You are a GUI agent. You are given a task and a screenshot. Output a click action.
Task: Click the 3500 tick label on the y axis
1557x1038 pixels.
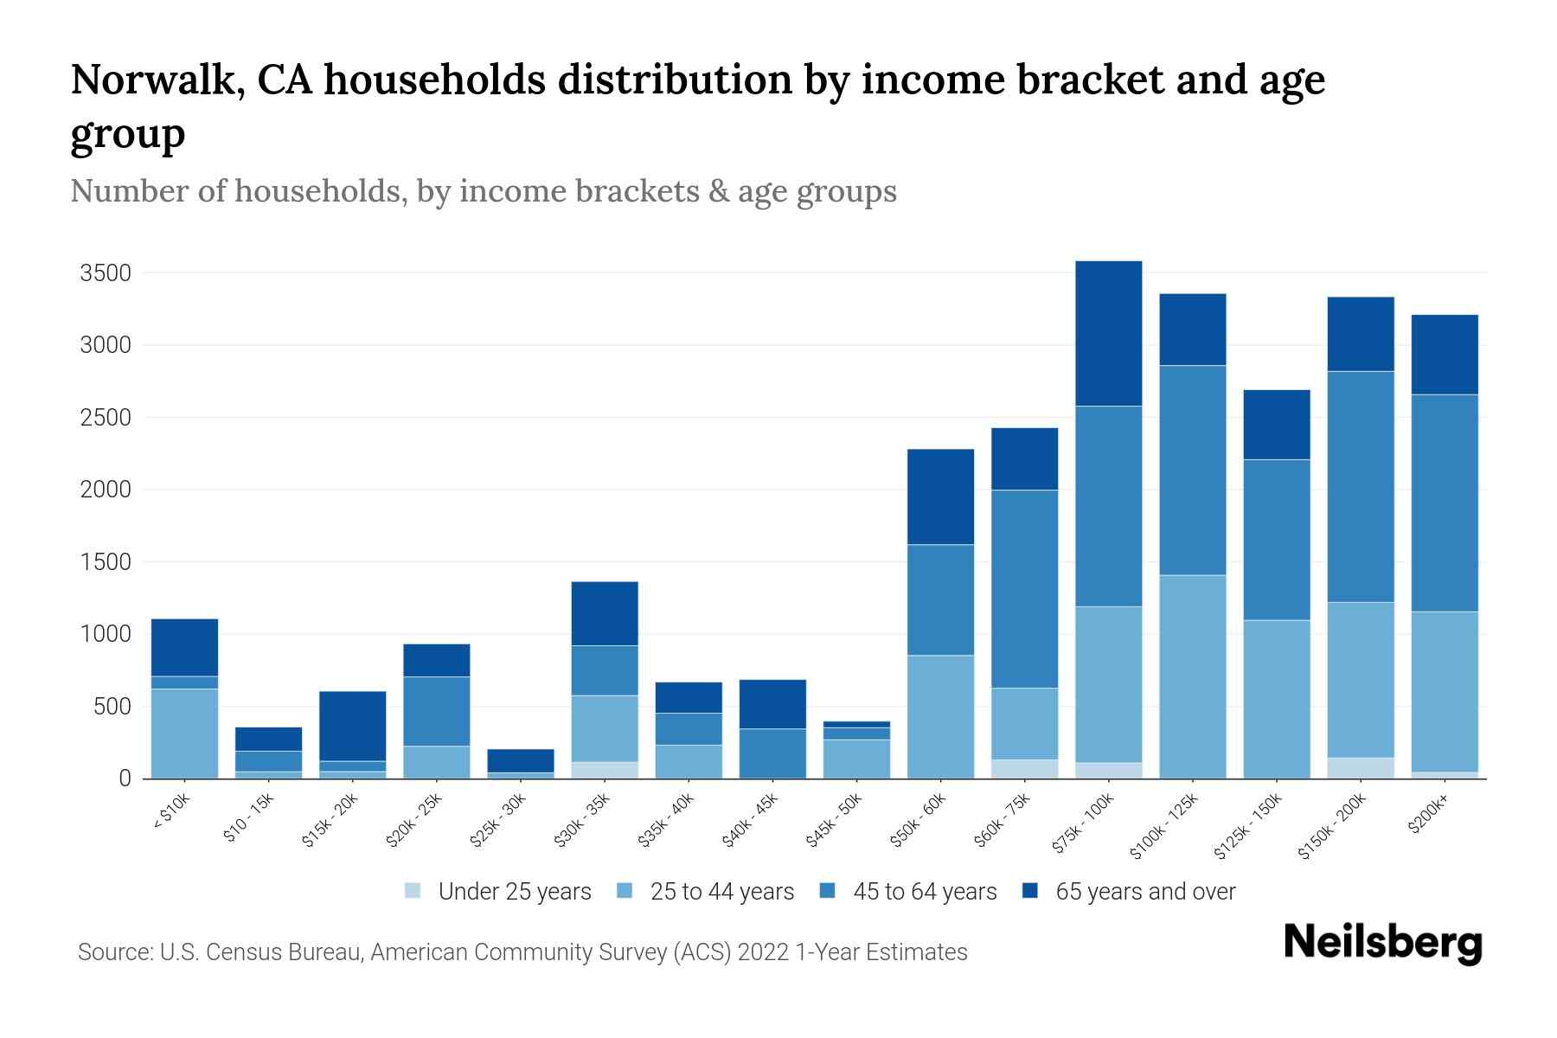105,274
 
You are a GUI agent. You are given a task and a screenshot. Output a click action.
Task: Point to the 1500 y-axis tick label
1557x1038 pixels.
105,563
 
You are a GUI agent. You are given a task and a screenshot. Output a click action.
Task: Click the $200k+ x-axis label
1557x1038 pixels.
1428,816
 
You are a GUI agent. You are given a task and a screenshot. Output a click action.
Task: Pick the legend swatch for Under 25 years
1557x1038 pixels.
413,891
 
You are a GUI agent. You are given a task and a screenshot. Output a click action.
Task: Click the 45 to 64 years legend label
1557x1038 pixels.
925,892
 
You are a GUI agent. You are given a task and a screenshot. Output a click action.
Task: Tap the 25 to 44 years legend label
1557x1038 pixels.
721,892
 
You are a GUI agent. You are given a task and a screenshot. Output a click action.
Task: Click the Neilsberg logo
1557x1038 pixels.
1382,944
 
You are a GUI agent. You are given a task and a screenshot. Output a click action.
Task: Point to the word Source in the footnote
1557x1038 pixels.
112,952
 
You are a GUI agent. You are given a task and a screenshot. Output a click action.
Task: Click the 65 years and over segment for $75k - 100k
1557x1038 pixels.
1108,333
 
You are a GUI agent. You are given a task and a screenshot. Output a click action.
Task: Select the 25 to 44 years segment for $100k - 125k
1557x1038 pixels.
1192,676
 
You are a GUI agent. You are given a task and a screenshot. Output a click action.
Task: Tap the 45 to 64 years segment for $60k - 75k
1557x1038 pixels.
1024,589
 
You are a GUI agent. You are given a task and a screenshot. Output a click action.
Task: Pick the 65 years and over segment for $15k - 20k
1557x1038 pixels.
352,726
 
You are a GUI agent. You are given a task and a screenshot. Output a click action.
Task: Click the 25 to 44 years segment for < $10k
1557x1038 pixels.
184,734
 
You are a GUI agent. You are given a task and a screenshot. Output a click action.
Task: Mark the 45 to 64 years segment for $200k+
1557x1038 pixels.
1445,503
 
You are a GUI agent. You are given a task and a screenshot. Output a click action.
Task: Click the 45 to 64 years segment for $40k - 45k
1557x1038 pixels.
772,753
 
